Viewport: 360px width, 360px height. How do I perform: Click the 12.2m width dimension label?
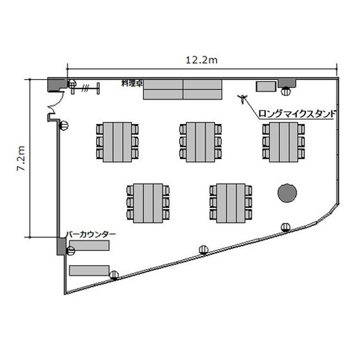click(201, 60)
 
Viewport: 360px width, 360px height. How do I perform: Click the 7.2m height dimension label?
click(21, 158)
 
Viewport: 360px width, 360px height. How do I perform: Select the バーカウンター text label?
click(91, 235)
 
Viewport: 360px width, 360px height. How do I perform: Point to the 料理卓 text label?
click(132, 84)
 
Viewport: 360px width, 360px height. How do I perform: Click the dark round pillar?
click(287, 193)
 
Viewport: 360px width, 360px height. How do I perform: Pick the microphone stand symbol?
click(242, 99)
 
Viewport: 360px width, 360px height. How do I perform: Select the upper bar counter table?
click(89, 245)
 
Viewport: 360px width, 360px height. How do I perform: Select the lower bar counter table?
click(89, 270)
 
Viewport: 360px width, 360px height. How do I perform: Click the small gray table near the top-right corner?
click(266, 86)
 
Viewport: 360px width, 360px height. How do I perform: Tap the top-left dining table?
click(117, 142)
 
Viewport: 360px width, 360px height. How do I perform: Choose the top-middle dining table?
click(201, 142)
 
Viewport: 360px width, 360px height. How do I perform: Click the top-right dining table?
click(284, 142)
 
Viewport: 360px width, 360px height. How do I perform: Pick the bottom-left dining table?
click(148, 203)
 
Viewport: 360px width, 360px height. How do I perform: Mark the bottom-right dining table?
click(231, 203)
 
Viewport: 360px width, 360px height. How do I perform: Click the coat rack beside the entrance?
click(85, 88)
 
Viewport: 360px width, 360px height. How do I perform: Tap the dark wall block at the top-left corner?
click(57, 84)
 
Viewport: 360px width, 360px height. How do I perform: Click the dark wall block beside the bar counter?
click(61, 246)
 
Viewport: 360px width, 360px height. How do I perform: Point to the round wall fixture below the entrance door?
click(64, 126)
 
